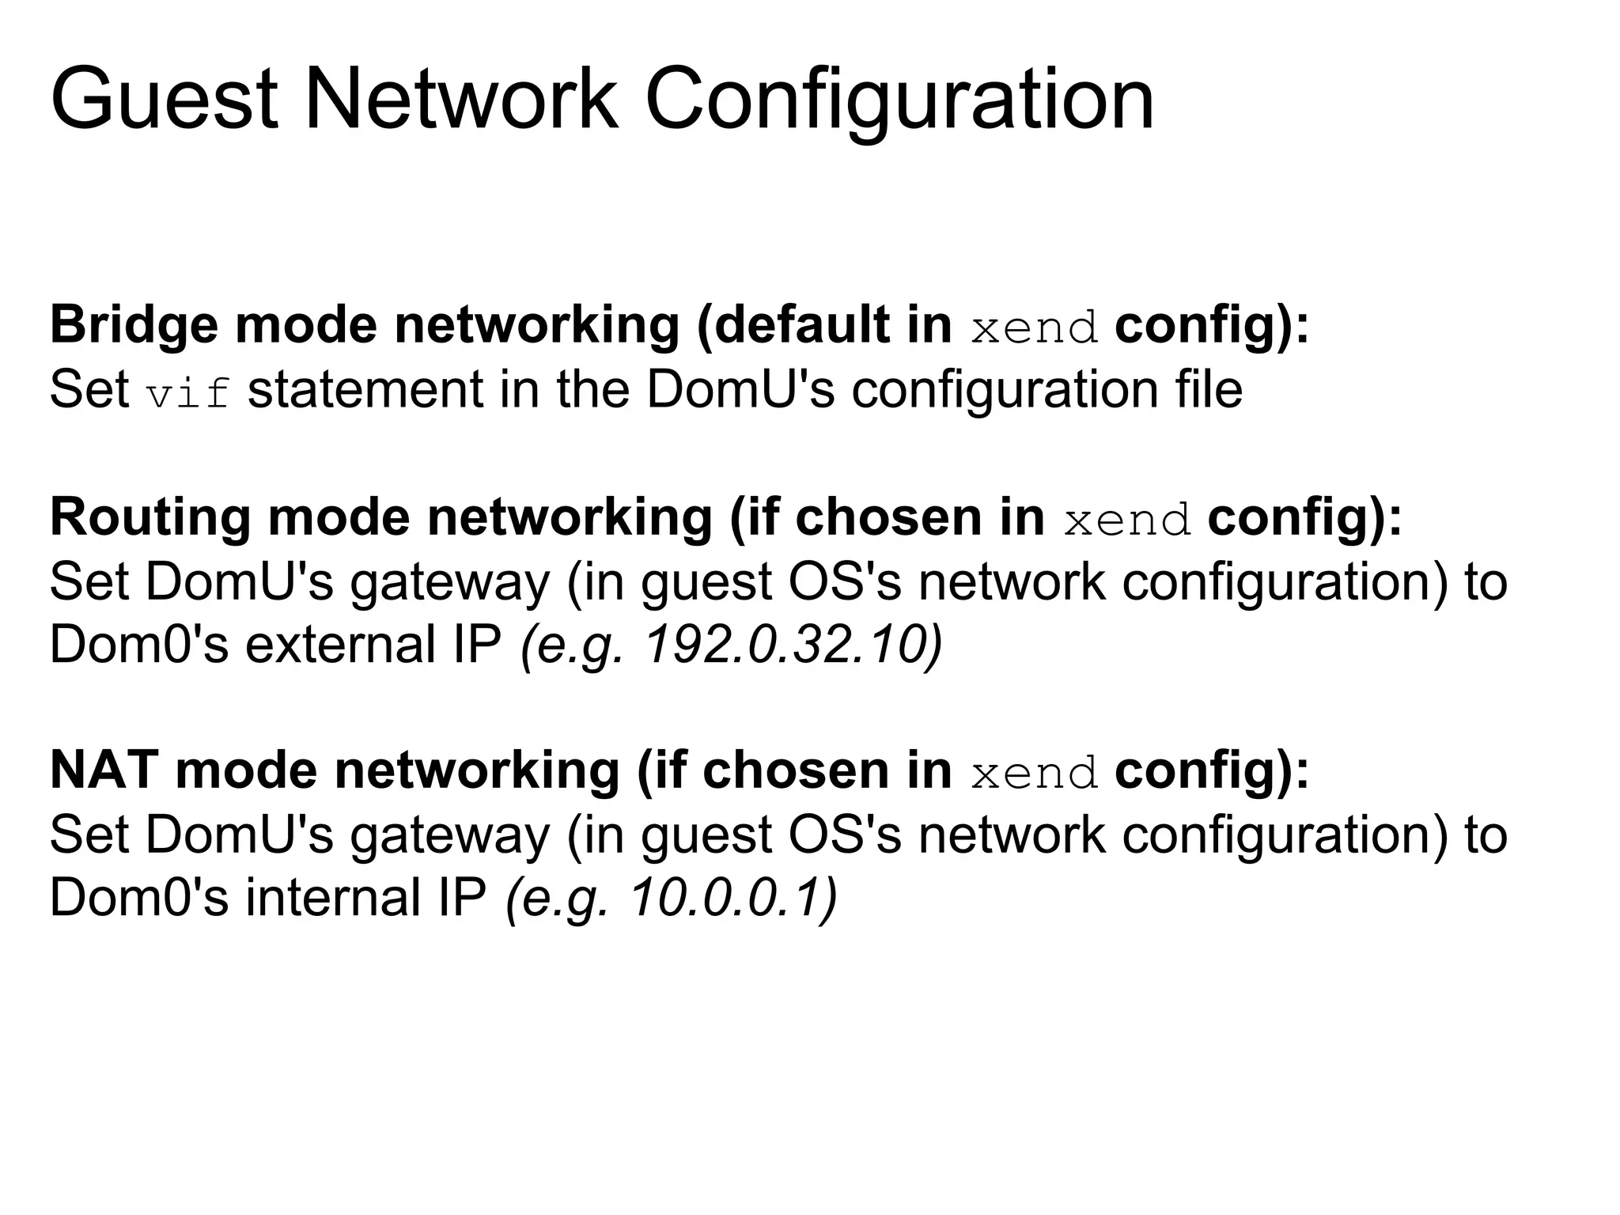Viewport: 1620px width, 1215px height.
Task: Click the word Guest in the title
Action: [164, 100]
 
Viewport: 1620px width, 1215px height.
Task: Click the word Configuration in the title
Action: [899, 100]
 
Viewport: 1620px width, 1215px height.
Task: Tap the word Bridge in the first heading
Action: [134, 325]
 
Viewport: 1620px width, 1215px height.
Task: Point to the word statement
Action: [365, 390]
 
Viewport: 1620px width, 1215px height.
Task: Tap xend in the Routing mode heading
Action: [1127, 521]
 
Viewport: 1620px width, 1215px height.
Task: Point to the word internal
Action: [333, 898]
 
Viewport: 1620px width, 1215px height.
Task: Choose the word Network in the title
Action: [460, 100]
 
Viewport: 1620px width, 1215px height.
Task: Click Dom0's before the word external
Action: [138, 645]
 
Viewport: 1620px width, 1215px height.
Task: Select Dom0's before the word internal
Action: [138, 898]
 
